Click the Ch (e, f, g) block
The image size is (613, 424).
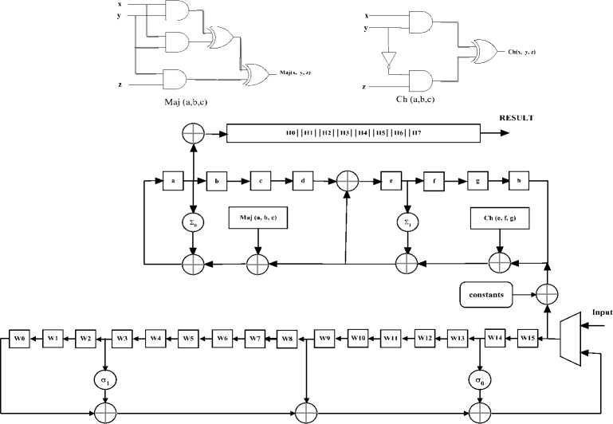pyautogui.click(x=501, y=218)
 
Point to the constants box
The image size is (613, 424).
pyautogui.click(x=486, y=294)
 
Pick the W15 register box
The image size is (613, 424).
pyautogui.click(x=529, y=338)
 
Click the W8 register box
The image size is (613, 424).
pyautogui.click(x=288, y=338)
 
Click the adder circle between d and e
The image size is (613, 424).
pyautogui.click(x=346, y=180)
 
